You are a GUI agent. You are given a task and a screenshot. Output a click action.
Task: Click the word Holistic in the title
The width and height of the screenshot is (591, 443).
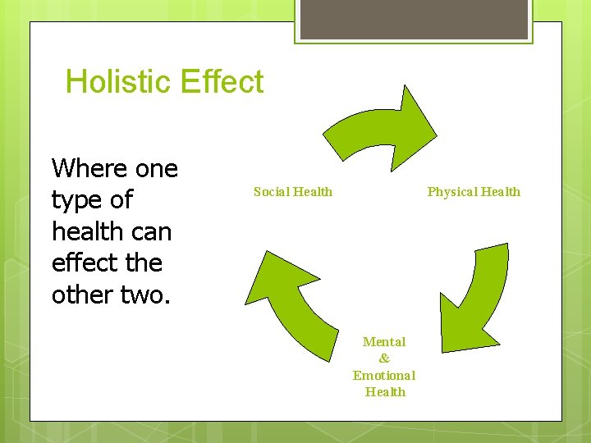[x=117, y=82]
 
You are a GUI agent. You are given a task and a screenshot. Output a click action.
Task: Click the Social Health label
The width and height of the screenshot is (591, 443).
[x=293, y=192]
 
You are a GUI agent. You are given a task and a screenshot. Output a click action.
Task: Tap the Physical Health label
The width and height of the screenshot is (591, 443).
[x=474, y=192]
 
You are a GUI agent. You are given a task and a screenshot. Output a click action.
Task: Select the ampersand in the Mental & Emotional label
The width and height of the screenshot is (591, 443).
[x=384, y=359]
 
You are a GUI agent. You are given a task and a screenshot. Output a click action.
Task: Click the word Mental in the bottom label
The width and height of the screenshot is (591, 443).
[x=384, y=341]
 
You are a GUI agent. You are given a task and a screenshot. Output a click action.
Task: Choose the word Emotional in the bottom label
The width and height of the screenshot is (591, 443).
[x=384, y=376]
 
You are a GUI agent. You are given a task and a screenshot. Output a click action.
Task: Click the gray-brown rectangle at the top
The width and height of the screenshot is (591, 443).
[x=414, y=19]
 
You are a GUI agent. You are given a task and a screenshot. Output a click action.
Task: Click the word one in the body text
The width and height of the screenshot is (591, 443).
[x=156, y=169]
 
